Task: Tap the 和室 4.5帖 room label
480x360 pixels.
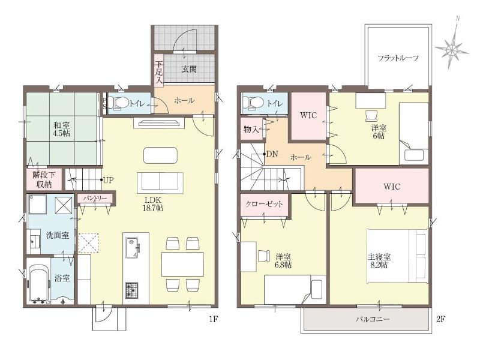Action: click(x=62, y=129)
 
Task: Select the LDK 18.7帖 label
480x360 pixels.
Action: click(x=154, y=204)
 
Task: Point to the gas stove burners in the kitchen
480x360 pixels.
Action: click(x=131, y=290)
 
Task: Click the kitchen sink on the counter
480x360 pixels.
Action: click(x=133, y=247)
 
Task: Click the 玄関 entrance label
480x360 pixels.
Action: click(x=189, y=69)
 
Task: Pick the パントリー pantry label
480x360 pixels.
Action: click(x=96, y=199)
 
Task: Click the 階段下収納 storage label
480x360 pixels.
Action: click(x=44, y=179)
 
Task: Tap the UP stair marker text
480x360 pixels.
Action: click(x=108, y=180)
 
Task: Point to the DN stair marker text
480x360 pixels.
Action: click(x=272, y=154)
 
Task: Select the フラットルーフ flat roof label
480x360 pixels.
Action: click(x=398, y=58)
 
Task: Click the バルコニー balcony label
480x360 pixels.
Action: click(x=373, y=319)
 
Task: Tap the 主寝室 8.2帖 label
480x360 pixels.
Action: click(x=379, y=261)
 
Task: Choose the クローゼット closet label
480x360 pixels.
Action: click(x=264, y=204)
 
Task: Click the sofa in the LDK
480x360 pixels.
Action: click(x=160, y=183)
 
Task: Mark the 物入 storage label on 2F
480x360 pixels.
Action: click(x=251, y=129)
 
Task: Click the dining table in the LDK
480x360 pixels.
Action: click(x=183, y=264)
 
